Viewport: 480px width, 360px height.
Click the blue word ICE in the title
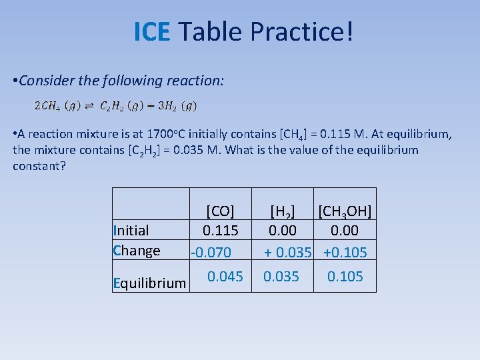153,31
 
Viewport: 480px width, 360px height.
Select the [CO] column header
219,211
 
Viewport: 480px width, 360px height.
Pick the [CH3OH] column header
345,211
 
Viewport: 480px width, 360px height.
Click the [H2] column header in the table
282,211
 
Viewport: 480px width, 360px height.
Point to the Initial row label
131,231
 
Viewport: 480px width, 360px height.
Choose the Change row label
137,251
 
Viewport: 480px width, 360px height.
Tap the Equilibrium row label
150,283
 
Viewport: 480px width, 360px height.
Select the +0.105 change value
345,253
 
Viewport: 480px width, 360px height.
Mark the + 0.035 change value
288,253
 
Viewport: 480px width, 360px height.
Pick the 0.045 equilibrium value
225,276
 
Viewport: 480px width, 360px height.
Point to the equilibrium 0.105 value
345,276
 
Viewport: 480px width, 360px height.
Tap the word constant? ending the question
39,165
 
